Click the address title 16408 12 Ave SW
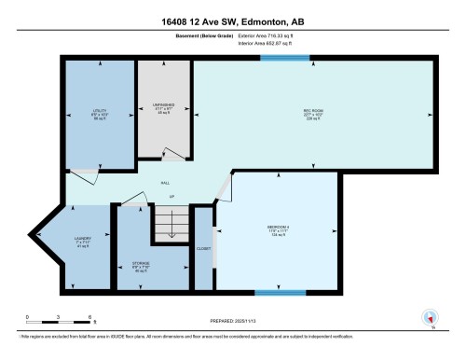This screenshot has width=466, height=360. [232, 21]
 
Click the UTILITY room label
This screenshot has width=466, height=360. [101, 111]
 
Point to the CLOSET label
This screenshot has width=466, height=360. [204, 249]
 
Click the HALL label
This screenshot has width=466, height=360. [165, 183]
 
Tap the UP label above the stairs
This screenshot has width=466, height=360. [171, 197]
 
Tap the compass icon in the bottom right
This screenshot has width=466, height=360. [430, 317]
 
